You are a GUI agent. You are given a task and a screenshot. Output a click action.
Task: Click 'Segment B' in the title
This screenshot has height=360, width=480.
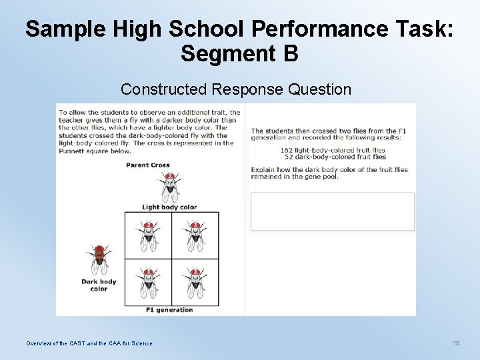(239, 53)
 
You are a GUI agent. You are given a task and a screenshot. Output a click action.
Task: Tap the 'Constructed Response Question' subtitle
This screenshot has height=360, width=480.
(236, 89)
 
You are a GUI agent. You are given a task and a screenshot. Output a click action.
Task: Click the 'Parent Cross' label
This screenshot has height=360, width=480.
(147, 165)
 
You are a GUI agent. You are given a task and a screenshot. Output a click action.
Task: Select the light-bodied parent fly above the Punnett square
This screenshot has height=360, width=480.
(170, 187)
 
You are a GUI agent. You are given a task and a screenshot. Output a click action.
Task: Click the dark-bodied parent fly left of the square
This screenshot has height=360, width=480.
(99, 259)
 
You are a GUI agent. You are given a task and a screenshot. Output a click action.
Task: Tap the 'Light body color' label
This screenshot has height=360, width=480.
(169, 207)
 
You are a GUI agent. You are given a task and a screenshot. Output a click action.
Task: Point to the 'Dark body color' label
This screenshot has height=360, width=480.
(99, 285)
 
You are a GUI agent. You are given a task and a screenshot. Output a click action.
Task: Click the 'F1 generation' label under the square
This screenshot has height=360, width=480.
(169, 310)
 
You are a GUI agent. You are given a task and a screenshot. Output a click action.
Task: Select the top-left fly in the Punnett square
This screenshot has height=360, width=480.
(149, 235)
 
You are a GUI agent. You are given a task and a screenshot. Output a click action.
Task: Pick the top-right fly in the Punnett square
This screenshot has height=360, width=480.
(195, 235)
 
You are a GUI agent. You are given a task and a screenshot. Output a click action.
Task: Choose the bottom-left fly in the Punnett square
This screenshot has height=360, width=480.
(149, 281)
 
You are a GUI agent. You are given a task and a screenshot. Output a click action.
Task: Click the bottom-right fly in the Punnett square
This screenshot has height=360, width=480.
(195, 281)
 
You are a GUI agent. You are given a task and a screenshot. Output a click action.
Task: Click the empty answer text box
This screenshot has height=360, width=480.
(332, 212)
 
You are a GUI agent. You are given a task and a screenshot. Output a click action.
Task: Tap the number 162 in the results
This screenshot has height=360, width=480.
(287, 151)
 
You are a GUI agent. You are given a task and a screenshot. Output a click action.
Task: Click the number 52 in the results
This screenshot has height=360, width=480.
(289, 157)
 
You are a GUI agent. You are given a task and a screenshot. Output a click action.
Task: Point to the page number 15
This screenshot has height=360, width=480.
(456, 343)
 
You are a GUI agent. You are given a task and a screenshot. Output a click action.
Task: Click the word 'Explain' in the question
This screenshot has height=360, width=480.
(262, 170)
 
